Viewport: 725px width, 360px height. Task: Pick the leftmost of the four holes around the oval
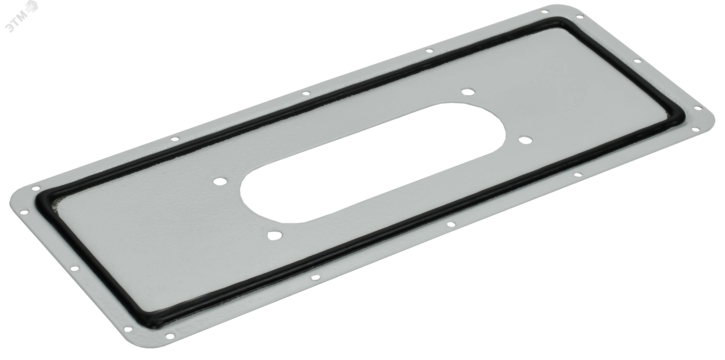pos(220,181)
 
